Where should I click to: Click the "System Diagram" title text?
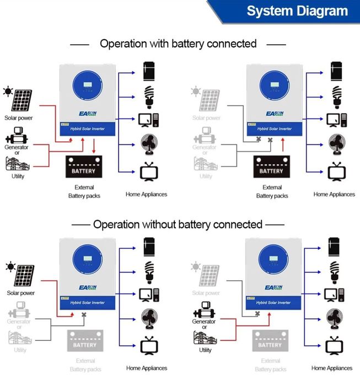pyautogui.click(x=297, y=11)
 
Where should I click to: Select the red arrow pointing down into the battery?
pyautogui.click(x=94, y=147)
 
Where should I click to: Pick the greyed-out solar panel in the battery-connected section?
pyautogui.click(x=209, y=100)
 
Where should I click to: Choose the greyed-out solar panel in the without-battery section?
pyautogui.click(x=209, y=276)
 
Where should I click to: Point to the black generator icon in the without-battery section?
pyautogui.click(x=204, y=310)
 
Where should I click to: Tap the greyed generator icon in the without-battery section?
pyautogui.click(x=18, y=310)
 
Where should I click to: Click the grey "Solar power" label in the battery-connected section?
pyautogui.click(x=206, y=118)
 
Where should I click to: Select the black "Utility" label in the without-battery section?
pyautogui.click(x=205, y=350)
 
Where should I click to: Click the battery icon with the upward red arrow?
pyautogui.click(x=271, y=167)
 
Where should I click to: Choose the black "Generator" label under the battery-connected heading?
pyautogui.click(x=18, y=147)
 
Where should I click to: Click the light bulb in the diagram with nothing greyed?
pyautogui.click(x=148, y=95)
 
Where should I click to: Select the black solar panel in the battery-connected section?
pyautogui.click(x=23, y=100)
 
